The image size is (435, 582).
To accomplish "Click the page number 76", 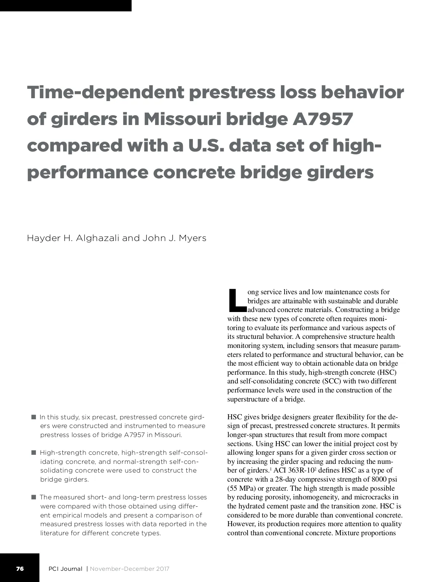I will click(20, 569).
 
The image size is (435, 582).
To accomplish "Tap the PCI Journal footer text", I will click(65, 569).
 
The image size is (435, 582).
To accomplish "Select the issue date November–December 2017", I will click(129, 569).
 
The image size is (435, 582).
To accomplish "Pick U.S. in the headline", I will click(205, 146).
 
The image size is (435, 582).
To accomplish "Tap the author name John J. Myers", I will click(174, 238).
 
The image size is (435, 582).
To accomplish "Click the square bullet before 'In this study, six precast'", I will click(34, 417).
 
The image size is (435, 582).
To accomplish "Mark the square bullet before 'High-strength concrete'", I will click(34, 453).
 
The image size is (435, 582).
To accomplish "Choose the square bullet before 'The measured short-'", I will click(34, 497).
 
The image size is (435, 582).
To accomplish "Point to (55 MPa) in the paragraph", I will click(241, 488).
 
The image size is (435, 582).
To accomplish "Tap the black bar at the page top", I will click(65, 5).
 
